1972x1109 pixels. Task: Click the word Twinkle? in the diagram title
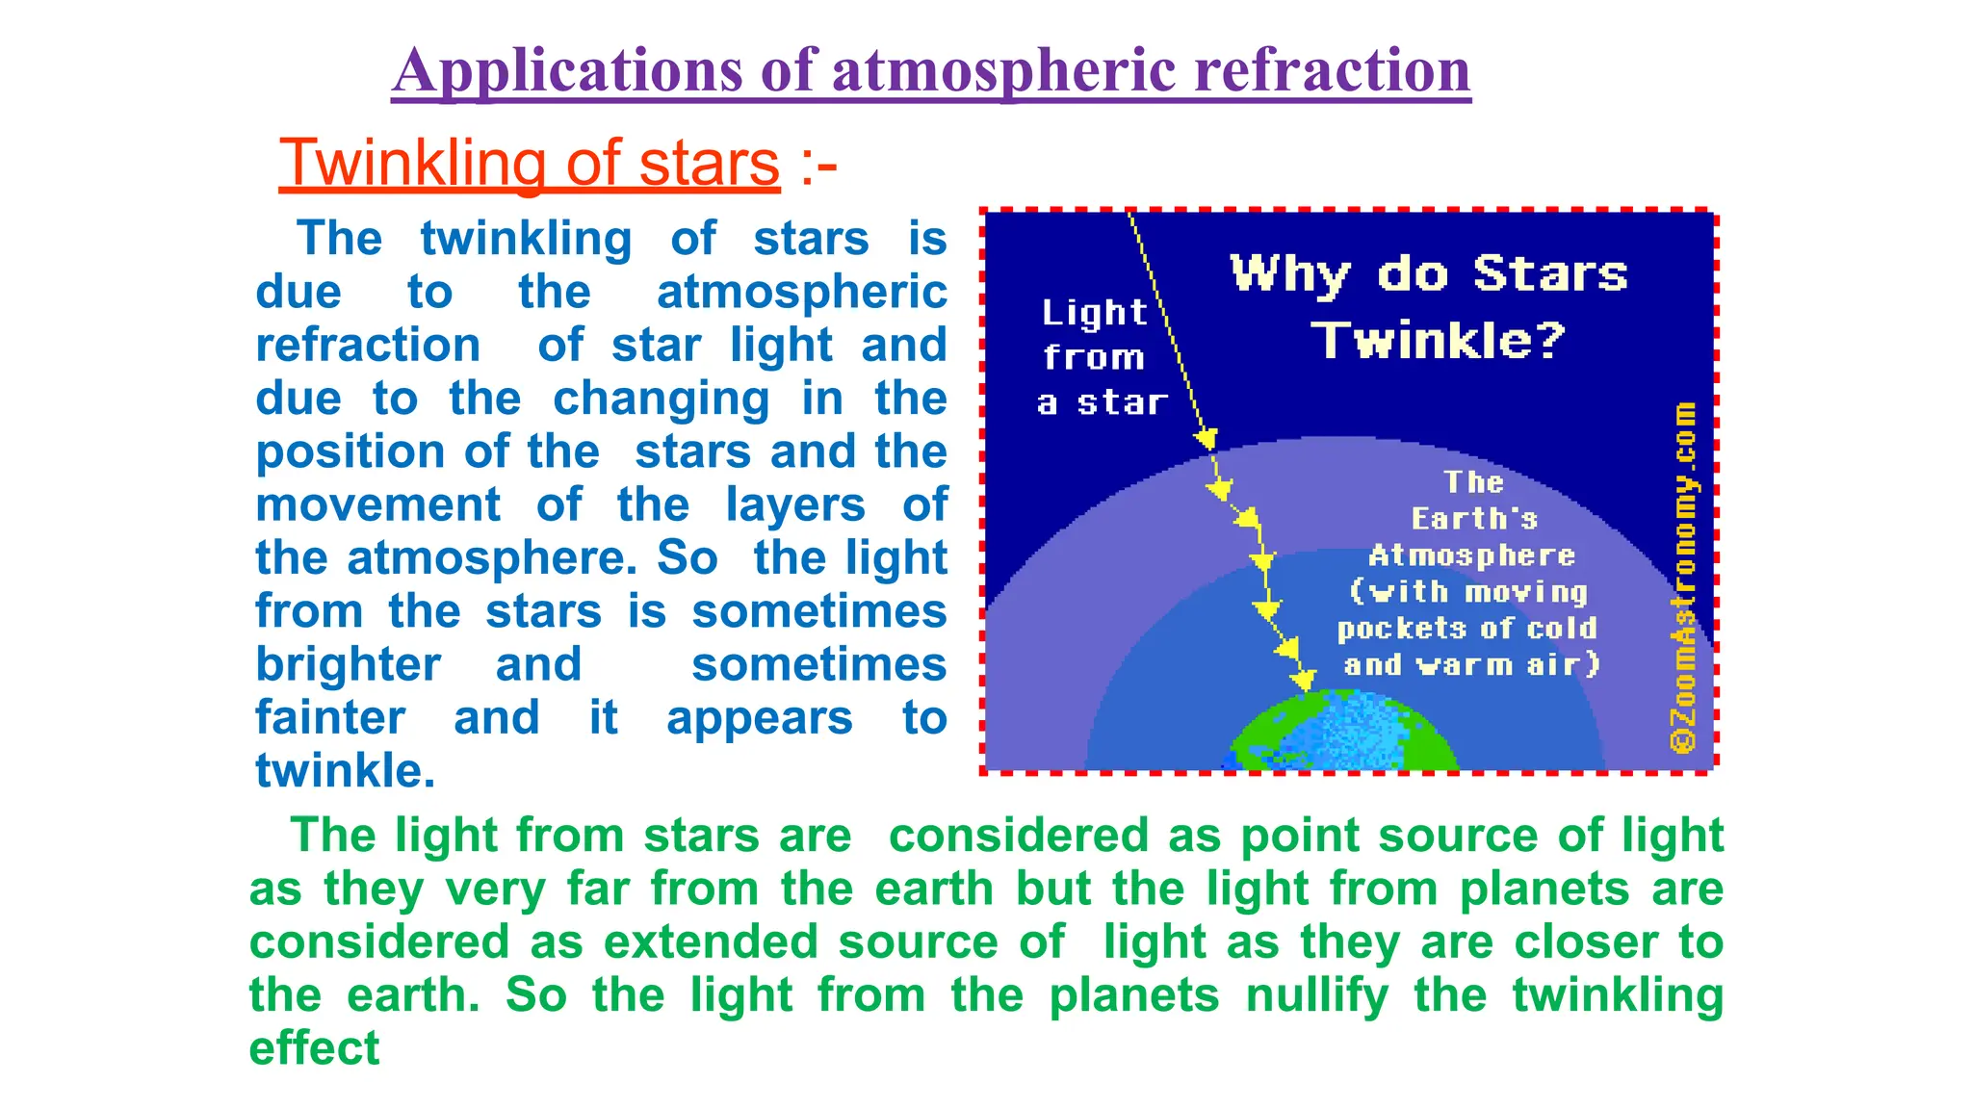[1439, 340]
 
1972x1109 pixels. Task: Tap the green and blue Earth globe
[1344, 736]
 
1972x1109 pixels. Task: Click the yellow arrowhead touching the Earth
[1303, 681]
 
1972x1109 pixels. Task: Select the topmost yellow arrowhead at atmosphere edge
[1207, 440]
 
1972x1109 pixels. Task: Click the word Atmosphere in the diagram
[1471, 555]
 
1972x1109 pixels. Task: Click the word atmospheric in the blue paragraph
[801, 292]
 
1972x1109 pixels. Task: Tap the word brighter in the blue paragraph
[348, 664]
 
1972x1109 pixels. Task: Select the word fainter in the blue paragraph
[330, 718]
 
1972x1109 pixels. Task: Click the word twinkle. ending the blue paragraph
[345, 771]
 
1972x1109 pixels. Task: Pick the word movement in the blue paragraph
[377, 504]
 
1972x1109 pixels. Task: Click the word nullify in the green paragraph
[1317, 995]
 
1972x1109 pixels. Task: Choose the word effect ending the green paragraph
[314, 1048]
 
